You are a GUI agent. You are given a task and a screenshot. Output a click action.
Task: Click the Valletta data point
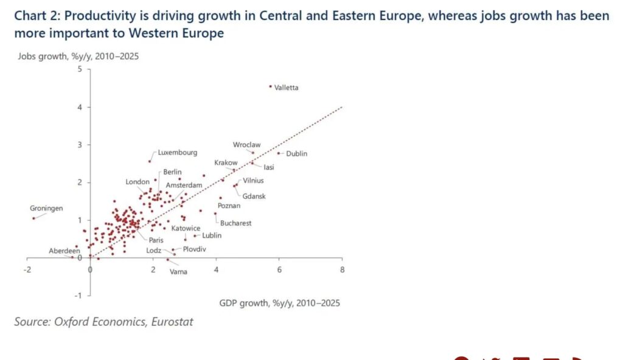pos(270,87)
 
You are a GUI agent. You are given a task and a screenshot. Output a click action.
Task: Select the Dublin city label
pos(296,154)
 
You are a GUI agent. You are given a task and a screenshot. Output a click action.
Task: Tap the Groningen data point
pos(33,218)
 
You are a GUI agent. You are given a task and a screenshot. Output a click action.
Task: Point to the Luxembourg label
pos(177,153)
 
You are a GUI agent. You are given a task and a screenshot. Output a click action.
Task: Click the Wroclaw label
pos(246,145)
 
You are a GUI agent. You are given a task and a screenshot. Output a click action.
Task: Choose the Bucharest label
pos(235,223)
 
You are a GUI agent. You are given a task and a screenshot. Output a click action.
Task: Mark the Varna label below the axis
pos(178,272)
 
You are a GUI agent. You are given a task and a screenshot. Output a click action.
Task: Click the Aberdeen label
pos(64,251)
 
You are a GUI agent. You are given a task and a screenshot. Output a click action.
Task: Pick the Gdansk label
pos(254,196)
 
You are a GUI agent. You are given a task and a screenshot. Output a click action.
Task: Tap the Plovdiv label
pos(195,249)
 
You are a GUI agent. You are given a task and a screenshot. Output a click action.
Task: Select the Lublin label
pos(212,235)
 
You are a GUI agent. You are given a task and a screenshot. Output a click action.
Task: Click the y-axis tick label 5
pos(80,69)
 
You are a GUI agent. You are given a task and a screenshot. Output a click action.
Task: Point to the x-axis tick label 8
pos(342,268)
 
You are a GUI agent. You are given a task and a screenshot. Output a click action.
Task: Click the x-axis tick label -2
pos(27,268)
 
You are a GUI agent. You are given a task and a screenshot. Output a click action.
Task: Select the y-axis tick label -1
pos(78,296)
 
